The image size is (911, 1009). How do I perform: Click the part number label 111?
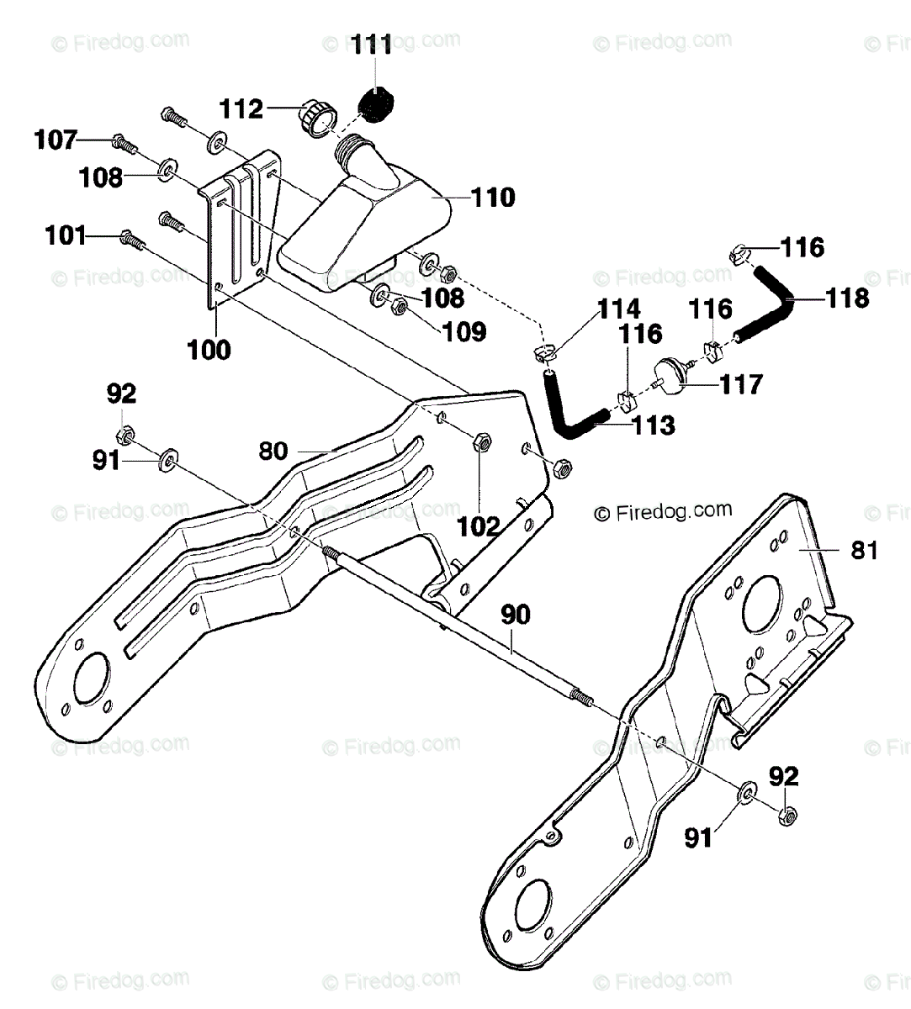tap(372, 45)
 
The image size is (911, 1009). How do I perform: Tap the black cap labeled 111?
tap(375, 104)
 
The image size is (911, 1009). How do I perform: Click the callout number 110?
tap(493, 197)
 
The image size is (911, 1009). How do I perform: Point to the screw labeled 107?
tap(125, 142)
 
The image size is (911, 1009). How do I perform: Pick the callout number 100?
tap(209, 350)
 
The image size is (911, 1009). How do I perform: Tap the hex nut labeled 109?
tap(399, 306)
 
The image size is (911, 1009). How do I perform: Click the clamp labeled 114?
tap(542, 352)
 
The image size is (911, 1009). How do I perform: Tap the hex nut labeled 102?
tap(482, 442)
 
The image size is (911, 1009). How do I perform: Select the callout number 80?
tap(273, 452)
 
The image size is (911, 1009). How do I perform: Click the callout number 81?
tap(864, 550)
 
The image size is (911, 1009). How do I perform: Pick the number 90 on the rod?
tap(516, 615)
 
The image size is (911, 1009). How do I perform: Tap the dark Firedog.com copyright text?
tap(663, 511)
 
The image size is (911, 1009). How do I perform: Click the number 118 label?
tap(848, 298)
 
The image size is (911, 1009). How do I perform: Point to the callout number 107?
tap(56, 140)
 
